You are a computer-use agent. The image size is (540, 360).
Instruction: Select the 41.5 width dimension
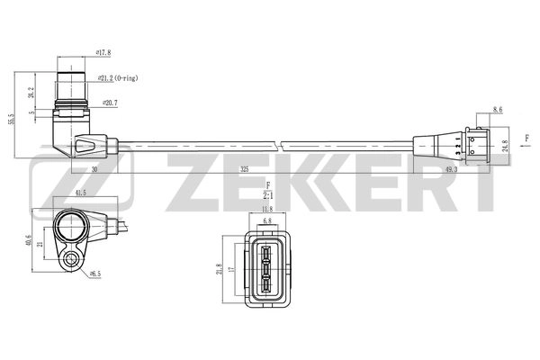tap(82, 193)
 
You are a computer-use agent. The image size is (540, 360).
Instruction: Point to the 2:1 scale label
tap(268, 193)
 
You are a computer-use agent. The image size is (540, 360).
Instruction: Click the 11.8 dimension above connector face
tap(266, 210)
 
